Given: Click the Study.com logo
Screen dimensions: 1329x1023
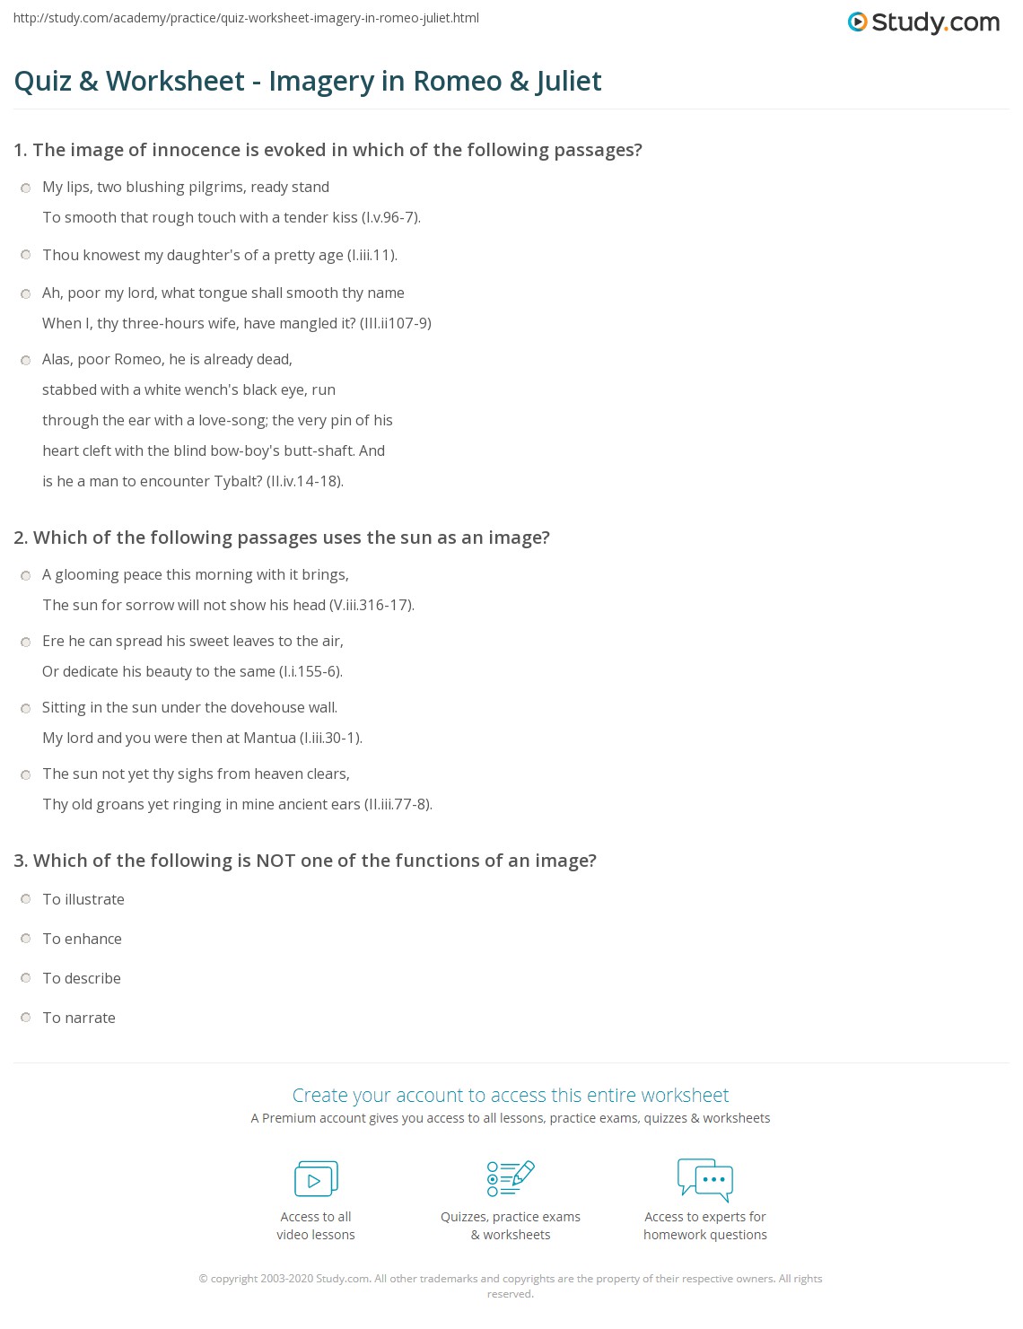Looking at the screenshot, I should coord(923,22).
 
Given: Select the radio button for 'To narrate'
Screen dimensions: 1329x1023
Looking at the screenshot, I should coord(26,1017).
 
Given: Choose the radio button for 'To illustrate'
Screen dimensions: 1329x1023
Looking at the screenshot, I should coord(26,898).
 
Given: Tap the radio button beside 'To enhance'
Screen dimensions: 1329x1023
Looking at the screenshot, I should coord(26,938).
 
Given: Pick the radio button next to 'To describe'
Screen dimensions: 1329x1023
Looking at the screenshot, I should coord(26,977).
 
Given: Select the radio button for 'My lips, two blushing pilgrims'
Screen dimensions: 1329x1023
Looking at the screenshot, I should coord(26,188).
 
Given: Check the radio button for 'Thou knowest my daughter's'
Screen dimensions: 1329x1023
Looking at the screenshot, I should coord(26,255).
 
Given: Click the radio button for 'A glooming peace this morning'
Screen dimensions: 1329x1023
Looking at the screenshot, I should coord(26,575).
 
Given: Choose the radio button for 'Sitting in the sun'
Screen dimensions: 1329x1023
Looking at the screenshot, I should coord(26,708).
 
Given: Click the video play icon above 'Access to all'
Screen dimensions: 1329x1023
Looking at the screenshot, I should coord(316,1179).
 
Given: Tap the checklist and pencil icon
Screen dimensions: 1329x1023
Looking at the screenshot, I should coord(511,1179).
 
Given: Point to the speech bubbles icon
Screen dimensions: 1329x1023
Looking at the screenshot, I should coord(705,1179).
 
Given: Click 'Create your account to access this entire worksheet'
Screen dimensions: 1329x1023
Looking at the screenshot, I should coord(511,1095).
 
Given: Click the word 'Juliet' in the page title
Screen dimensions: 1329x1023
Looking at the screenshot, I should coord(569,81).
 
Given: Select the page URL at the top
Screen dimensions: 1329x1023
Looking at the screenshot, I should coord(246,18).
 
